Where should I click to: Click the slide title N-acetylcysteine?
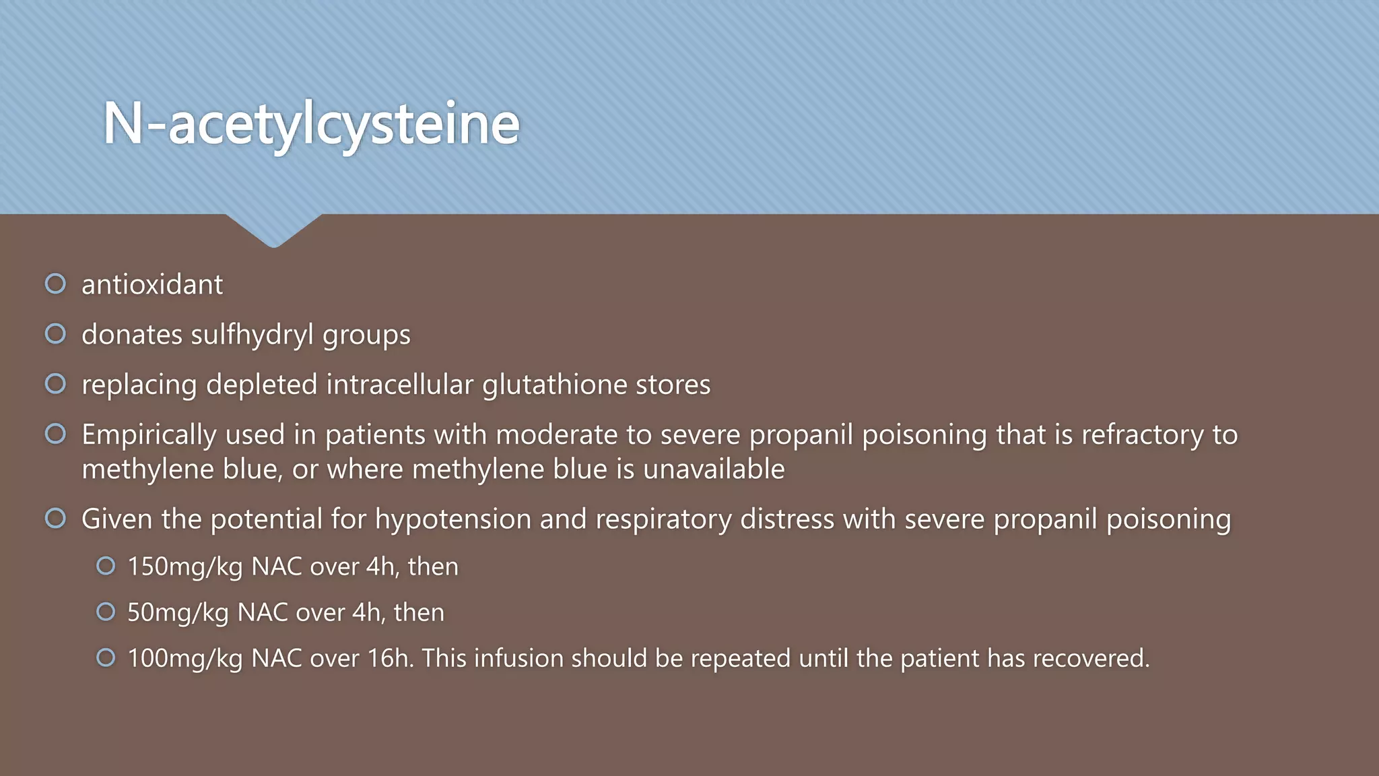tap(311, 124)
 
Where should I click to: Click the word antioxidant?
tap(152, 285)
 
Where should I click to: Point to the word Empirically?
tap(149, 435)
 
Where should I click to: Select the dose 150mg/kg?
tap(184, 567)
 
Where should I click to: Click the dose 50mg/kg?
tap(178, 613)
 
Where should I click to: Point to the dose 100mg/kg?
tap(184, 659)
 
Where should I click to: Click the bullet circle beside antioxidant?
tap(55, 284)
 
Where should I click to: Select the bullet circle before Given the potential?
tap(55, 518)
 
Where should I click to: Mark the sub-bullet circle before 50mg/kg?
tap(106, 612)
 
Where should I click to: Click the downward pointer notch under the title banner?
tap(273, 232)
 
